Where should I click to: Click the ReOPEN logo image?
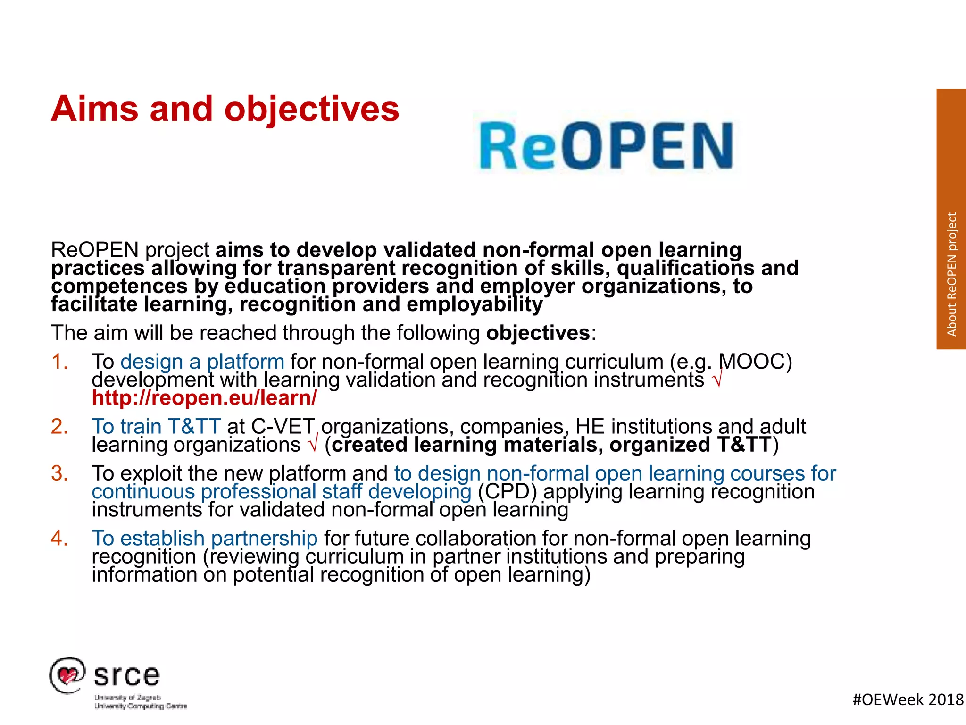(x=606, y=145)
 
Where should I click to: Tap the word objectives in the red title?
(x=312, y=110)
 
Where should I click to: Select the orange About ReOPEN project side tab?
(x=951, y=219)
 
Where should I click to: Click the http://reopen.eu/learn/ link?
(x=204, y=398)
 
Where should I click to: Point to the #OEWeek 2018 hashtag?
(x=908, y=699)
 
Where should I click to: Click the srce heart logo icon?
(x=68, y=676)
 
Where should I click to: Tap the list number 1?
(x=59, y=362)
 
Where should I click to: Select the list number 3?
(x=59, y=473)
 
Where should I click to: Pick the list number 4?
(x=59, y=539)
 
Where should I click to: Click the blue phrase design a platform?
(x=202, y=362)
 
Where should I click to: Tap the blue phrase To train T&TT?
(x=156, y=427)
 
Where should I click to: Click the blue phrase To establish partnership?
(x=205, y=539)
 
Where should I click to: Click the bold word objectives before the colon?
(x=538, y=333)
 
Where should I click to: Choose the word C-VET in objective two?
(x=283, y=427)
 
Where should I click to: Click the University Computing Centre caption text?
(x=141, y=706)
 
